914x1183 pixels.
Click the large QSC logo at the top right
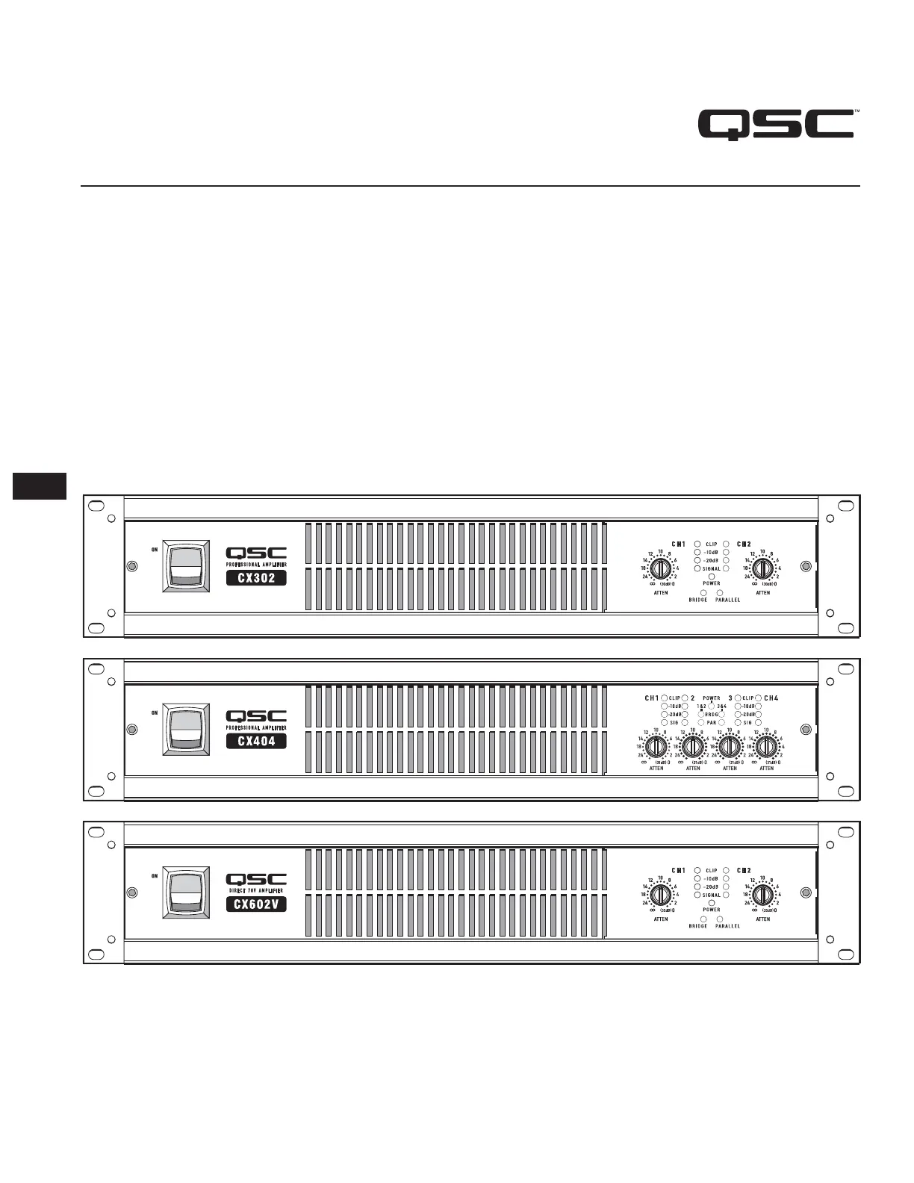(776, 125)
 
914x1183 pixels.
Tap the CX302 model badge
(256, 577)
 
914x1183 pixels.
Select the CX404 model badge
(256, 741)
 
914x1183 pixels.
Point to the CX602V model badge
(256, 904)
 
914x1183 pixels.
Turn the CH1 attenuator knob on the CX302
(660, 569)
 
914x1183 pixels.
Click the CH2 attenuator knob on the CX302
(762, 569)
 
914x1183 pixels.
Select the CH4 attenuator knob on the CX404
(767, 747)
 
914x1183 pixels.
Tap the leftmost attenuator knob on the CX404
(656, 747)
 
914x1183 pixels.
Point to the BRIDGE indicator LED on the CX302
(703, 592)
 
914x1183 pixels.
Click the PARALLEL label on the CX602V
(727, 926)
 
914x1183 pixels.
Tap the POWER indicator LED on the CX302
(712, 577)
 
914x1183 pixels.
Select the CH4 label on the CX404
(771, 698)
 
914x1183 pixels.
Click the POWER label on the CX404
(712, 698)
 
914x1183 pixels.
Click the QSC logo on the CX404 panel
(256, 716)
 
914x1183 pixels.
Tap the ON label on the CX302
(155, 550)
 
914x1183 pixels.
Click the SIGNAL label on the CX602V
(712, 895)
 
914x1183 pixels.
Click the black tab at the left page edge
(40, 486)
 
